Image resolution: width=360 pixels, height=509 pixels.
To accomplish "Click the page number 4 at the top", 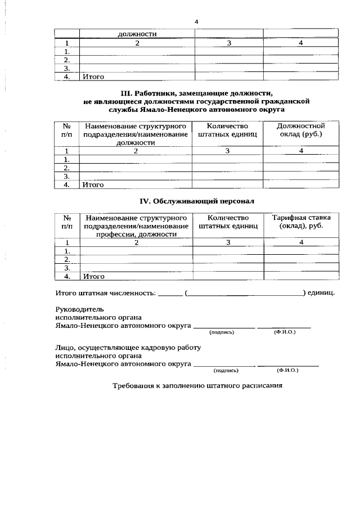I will pyautogui.click(x=196, y=21).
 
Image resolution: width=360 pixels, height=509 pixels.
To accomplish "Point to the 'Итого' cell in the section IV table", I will pyautogui.click(x=93, y=276).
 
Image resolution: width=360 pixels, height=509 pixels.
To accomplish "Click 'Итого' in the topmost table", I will pyautogui.click(x=93, y=76).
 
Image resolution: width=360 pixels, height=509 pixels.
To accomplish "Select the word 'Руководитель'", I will pyautogui.click(x=79, y=309).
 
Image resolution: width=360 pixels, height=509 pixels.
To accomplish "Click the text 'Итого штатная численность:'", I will pyautogui.click(x=105, y=293).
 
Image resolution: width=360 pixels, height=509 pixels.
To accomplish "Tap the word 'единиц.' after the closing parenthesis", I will pyautogui.click(x=322, y=293).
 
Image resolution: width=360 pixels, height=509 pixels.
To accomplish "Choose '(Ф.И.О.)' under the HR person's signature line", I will pyautogui.click(x=287, y=371).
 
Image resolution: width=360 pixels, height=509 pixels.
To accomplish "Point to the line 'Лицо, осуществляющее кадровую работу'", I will pyautogui.click(x=128, y=347).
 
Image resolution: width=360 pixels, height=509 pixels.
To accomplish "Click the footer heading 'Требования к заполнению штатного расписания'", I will pyautogui.click(x=197, y=386).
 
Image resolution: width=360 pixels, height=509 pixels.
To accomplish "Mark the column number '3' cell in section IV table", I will pyautogui.click(x=228, y=242).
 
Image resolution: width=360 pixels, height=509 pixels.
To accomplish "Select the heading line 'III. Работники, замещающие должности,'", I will pyautogui.click(x=196, y=92).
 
